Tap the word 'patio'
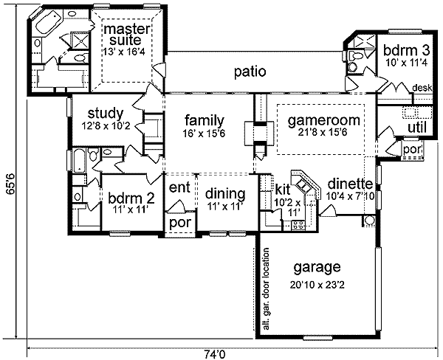coord(250,72)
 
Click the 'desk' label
coord(422,88)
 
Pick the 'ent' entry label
coord(179,188)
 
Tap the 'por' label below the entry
coord(178,222)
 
